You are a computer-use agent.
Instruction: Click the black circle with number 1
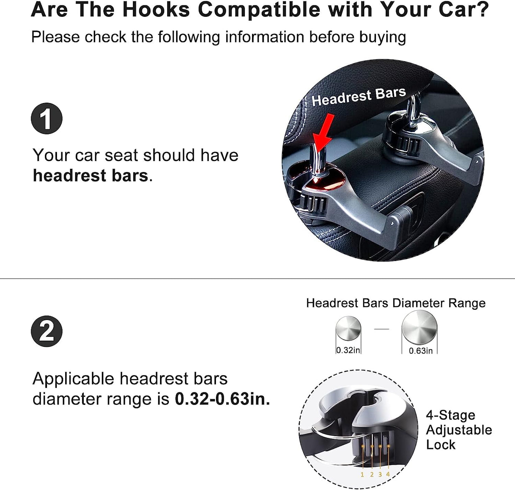click(47, 119)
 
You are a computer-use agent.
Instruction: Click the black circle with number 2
click(47, 331)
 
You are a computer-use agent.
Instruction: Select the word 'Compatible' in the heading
click(259, 10)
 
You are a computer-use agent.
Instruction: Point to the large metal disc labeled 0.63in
click(419, 327)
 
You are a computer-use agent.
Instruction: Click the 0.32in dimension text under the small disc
click(348, 350)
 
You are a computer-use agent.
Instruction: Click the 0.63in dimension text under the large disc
click(421, 351)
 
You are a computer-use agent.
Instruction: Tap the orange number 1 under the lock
click(362, 474)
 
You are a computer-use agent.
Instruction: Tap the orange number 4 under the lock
click(388, 474)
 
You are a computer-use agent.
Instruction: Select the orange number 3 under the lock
click(380, 474)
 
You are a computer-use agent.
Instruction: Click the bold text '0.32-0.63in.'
click(222, 399)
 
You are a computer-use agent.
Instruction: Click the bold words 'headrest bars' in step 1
click(90, 176)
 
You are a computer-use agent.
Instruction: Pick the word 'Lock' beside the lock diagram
click(441, 445)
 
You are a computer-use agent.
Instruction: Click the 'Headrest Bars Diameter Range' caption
click(396, 303)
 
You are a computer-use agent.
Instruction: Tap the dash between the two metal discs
click(382, 329)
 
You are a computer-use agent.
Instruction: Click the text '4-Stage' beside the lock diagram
click(450, 415)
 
